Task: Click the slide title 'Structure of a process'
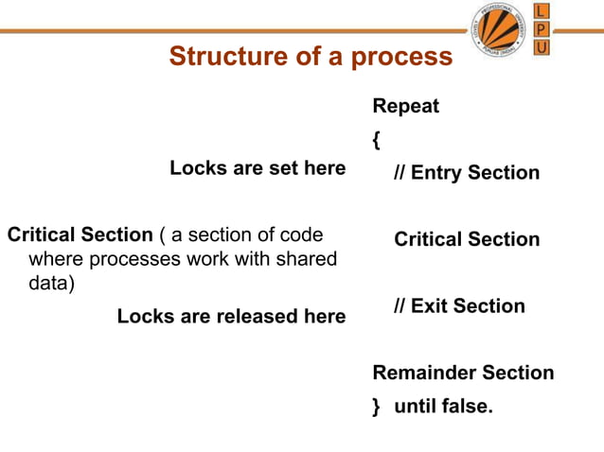(311, 57)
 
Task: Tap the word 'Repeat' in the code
(406, 106)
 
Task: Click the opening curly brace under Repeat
(377, 140)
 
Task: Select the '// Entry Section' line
(467, 173)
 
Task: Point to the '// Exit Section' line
(459, 306)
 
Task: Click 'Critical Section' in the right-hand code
(467, 239)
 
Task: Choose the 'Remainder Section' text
(463, 373)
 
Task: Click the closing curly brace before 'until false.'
(377, 408)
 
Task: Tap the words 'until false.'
(443, 407)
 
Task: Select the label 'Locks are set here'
(258, 168)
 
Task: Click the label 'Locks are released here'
(231, 317)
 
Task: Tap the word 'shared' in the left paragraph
(308, 258)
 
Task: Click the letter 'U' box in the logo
(542, 48)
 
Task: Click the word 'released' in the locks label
(256, 317)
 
